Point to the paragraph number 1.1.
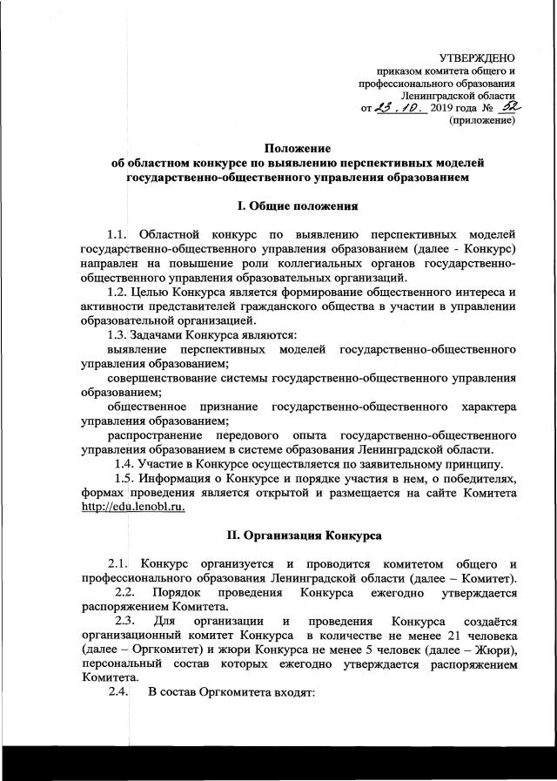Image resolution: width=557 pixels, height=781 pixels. [117, 235]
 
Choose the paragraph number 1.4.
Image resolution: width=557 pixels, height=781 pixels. [127, 462]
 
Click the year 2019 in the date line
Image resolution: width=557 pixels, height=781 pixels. [446, 108]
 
